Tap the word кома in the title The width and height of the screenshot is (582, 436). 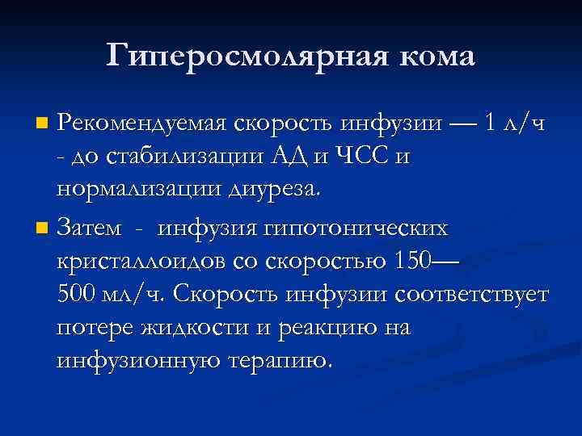click(434, 55)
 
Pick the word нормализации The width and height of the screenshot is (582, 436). click(131, 189)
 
